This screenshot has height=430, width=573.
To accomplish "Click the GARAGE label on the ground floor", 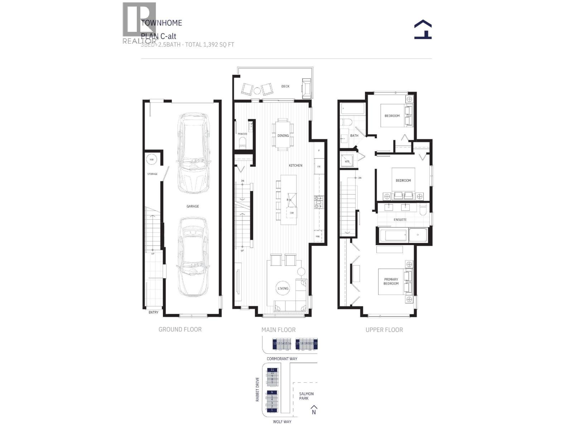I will pos(192,206).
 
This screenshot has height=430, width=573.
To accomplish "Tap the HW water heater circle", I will pos(152,159).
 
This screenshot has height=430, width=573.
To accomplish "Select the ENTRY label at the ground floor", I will pos(153,312).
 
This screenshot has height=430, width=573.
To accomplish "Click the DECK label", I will pos(285,86).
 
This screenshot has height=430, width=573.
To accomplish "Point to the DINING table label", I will pos(283,135).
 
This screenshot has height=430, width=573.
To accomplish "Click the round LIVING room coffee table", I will pos(283,288).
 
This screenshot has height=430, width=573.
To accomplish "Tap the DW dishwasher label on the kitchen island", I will pos(292,213).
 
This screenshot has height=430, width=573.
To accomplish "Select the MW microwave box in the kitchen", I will pos(318,236).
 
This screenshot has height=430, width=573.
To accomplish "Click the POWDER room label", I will pos(242,134).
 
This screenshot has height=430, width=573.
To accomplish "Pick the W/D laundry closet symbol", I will pos(347,162).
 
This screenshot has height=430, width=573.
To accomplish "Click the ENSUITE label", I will pos(400,219).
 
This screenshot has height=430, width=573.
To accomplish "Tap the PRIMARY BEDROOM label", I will pos(391,281).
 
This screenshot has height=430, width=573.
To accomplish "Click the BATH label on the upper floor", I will pos(354,135).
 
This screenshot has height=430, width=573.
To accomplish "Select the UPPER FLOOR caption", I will pos(384,330).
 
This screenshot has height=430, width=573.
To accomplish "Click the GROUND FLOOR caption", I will pos(180,329).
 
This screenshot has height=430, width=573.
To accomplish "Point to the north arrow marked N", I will pos(314,410).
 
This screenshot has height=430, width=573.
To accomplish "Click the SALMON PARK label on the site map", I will pos(306,396).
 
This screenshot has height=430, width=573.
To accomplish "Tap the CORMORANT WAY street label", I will pos(282,359).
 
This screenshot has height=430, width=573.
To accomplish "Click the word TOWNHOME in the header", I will pos(162,23).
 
